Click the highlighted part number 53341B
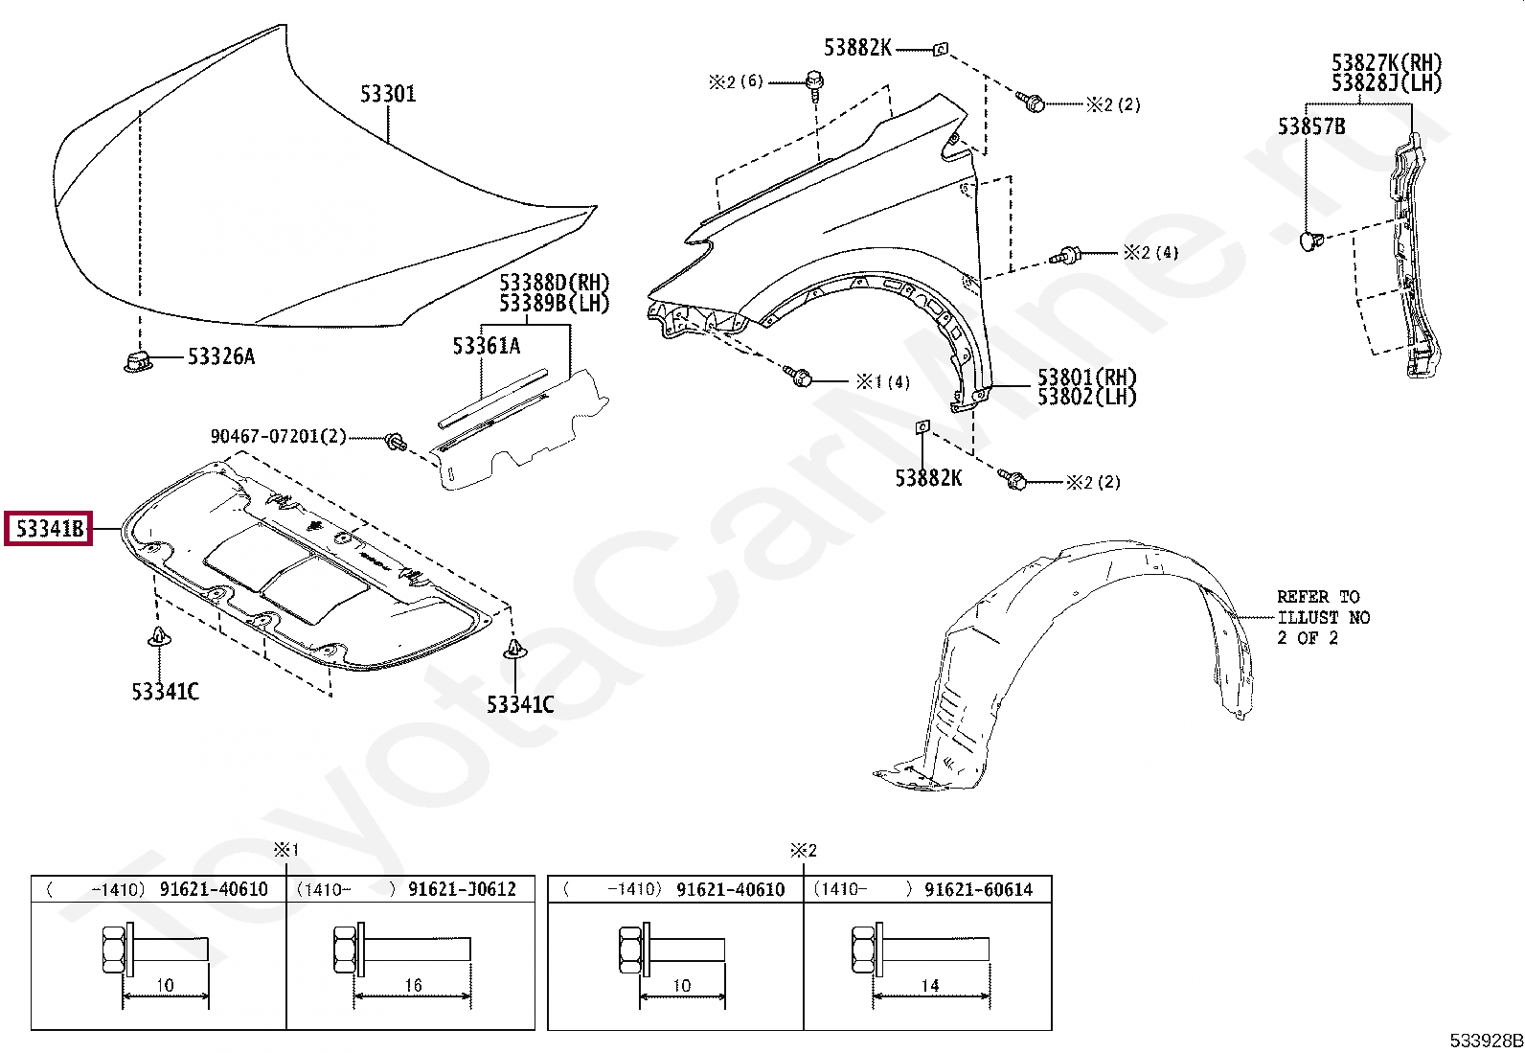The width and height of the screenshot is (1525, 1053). (49, 528)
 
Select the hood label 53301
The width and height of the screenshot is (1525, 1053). (388, 94)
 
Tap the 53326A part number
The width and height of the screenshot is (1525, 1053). (221, 357)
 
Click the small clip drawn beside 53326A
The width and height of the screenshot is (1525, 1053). (137, 361)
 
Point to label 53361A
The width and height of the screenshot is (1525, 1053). (486, 346)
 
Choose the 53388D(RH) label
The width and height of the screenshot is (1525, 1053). (554, 283)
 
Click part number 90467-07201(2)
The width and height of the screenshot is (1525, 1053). (278, 437)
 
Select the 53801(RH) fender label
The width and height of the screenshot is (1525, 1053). (1086, 377)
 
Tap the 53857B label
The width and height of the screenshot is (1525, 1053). (1310, 126)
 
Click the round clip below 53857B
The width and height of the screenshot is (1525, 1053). (1311, 240)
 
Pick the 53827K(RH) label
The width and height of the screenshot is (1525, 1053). (1386, 63)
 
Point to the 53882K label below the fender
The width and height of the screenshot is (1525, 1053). (927, 478)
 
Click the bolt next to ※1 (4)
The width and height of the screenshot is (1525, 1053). (800, 377)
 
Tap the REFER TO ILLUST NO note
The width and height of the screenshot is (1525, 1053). (1323, 617)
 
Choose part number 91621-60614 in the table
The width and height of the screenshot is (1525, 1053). (978, 889)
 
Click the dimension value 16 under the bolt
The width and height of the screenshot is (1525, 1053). (413, 985)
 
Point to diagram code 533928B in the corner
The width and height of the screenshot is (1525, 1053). (1486, 1041)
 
